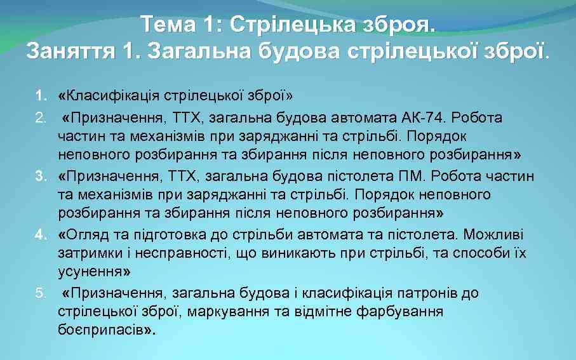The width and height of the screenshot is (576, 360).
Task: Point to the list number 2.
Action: [x=41, y=117]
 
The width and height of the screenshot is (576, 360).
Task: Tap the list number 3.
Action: [x=41, y=176]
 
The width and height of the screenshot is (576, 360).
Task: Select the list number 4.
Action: [x=41, y=235]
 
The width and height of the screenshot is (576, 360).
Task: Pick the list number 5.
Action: [x=41, y=293]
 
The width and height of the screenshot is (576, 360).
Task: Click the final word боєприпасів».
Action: [x=106, y=330]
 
